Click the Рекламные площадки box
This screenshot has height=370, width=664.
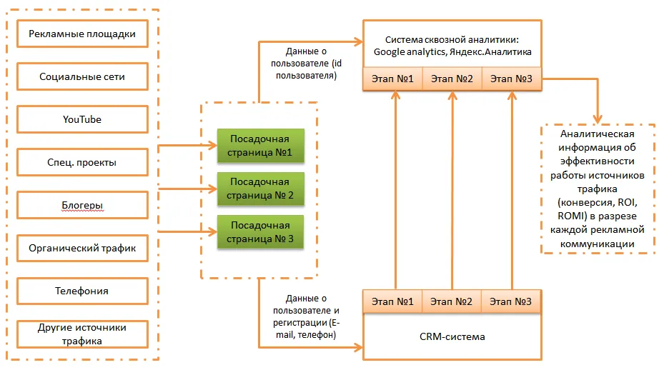point(82,34)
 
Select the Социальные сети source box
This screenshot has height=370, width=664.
point(82,76)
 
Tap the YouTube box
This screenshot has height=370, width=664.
point(82,119)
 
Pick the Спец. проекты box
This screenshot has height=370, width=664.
point(82,162)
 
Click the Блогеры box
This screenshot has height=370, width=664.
point(82,206)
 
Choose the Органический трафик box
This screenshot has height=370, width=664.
point(82,249)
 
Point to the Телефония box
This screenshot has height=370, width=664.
point(82,291)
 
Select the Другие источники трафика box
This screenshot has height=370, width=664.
point(82,334)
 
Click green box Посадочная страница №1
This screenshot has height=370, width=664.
point(260,146)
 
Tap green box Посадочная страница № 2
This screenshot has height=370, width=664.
point(260,189)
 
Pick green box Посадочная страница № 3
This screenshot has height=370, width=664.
point(260,231)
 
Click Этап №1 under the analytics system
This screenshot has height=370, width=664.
point(393,78)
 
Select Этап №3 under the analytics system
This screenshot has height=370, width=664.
point(512,78)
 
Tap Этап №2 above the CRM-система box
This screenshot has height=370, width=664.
point(452,301)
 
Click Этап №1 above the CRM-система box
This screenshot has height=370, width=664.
point(393,301)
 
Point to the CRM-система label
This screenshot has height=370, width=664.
point(452,336)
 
